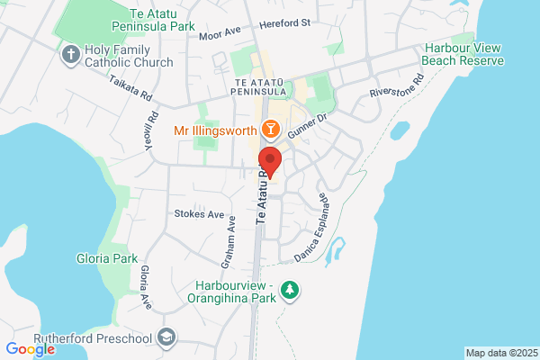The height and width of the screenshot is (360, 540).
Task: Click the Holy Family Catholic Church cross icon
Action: (70, 56)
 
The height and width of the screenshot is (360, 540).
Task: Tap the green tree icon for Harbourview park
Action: (290, 290)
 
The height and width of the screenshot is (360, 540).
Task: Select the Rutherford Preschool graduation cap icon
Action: (166, 337)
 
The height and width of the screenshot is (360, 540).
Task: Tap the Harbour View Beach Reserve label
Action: (464, 54)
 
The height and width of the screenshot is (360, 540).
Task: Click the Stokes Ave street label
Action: (199, 214)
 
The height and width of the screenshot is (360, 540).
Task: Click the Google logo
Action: (30, 349)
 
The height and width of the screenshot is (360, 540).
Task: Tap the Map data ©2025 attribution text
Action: (499, 353)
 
